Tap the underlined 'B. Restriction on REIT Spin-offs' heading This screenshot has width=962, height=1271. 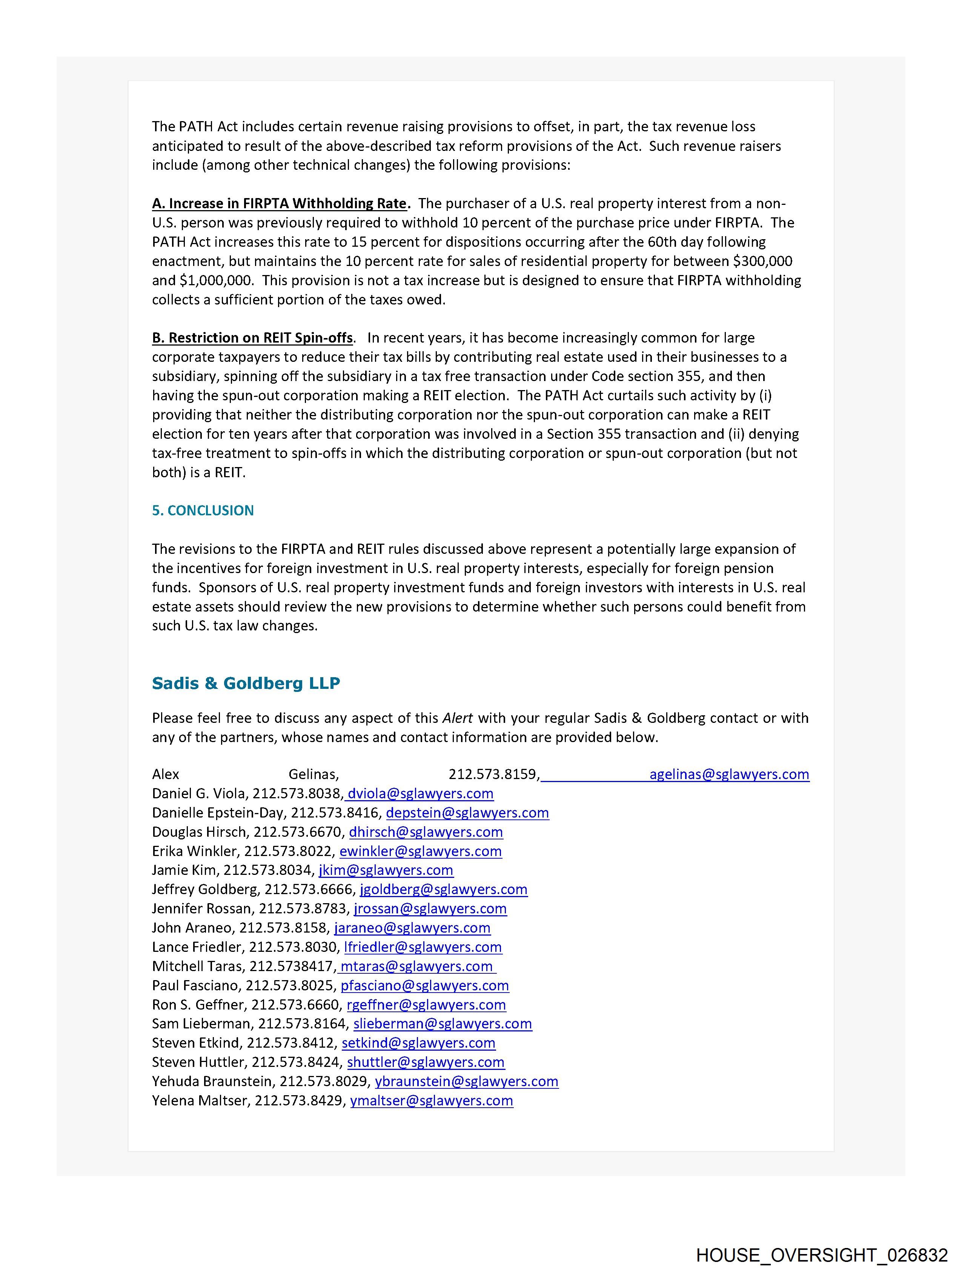click(x=253, y=338)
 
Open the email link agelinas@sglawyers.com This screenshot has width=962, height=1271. click(x=729, y=774)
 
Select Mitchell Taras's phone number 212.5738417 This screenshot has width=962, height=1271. click(x=292, y=967)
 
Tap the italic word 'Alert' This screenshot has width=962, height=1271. click(x=458, y=718)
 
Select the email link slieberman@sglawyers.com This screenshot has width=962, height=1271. click(x=443, y=1024)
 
